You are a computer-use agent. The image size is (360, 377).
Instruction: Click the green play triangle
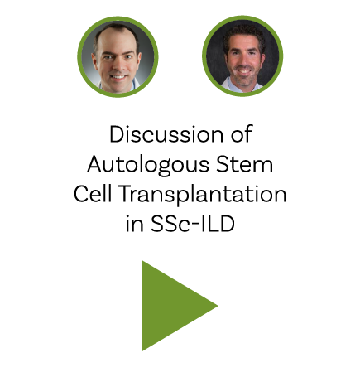(171, 306)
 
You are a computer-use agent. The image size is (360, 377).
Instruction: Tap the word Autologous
(148, 165)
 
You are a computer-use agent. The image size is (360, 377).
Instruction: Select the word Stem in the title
(244, 164)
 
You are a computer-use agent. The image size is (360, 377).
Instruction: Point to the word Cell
(93, 194)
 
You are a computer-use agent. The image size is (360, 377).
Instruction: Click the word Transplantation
(203, 195)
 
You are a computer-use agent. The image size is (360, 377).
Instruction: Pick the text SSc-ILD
(193, 224)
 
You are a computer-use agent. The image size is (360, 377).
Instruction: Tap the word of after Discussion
(242, 134)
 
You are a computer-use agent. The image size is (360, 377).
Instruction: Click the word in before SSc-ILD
(134, 224)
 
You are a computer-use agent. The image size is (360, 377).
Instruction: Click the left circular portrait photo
(118, 56)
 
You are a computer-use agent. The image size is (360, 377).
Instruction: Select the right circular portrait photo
(242, 56)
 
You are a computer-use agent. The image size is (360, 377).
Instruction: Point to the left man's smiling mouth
(118, 77)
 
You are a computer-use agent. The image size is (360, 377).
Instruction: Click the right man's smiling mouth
(244, 71)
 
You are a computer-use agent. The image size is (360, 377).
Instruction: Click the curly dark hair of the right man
(243, 32)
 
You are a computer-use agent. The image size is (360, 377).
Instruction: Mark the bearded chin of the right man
(244, 80)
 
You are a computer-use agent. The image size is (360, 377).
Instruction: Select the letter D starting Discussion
(117, 134)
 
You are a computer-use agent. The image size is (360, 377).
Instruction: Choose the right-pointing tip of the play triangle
(218, 306)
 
